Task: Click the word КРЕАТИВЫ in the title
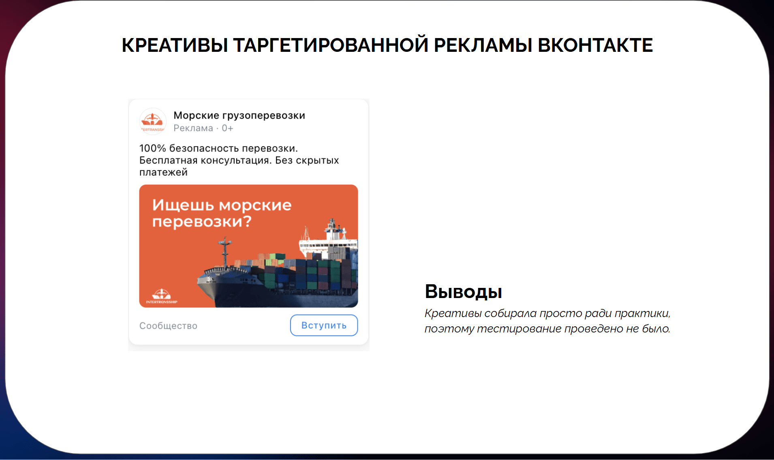click(x=175, y=45)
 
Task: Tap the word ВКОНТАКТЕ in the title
click(x=595, y=45)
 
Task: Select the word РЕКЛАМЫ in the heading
click(x=483, y=45)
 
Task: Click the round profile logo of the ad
click(x=153, y=121)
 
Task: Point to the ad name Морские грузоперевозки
click(x=239, y=115)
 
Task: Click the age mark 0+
click(x=227, y=128)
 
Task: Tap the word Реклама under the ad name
click(x=193, y=128)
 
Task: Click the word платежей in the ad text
click(x=163, y=172)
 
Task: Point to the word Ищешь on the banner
click(x=183, y=205)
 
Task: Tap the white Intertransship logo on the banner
click(x=161, y=296)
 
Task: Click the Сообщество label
click(x=168, y=326)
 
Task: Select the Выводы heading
click(x=464, y=292)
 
